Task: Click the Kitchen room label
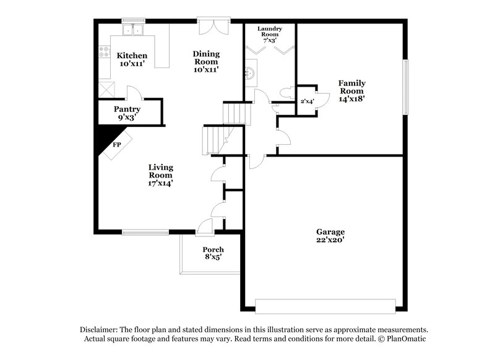[x=132, y=59]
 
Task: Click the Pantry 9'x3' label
[x=126, y=113]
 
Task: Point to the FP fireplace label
[x=117, y=145]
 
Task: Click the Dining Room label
[x=206, y=61]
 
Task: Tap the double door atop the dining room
[x=214, y=28]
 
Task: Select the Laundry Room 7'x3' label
[x=269, y=34]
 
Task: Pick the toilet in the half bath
[x=286, y=93]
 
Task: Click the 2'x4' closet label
[x=307, y=101]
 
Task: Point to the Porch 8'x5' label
[x=212, y=254]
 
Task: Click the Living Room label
[x=160, y=174]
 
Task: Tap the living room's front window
[x=145, y=233]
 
